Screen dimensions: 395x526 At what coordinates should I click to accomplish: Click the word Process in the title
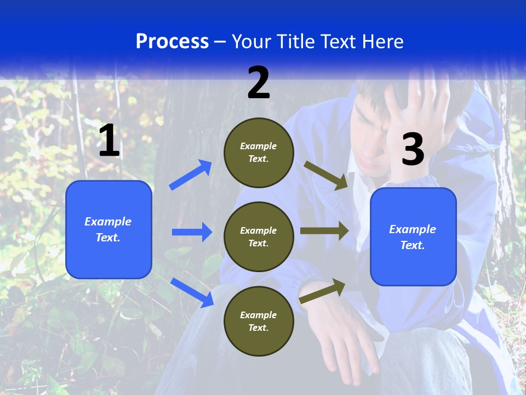coord(172,41)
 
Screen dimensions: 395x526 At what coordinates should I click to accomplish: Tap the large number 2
coord(259,83)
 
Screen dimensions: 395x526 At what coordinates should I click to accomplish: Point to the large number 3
coord(413,150)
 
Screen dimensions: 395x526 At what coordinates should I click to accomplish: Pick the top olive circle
coord(259,153)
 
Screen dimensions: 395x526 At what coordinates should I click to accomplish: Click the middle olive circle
coord(259,236)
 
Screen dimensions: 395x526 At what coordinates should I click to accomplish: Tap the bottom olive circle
coord(259,321)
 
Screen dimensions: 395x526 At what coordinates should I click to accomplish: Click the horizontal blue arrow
coord(192,232)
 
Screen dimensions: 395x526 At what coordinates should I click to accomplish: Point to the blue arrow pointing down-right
coord(192,292)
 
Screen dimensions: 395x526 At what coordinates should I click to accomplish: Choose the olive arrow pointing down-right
coord(326,176)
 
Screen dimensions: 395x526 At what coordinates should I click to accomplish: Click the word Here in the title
coord(382,41)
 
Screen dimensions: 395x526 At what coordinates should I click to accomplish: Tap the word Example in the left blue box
coord(108,222)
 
